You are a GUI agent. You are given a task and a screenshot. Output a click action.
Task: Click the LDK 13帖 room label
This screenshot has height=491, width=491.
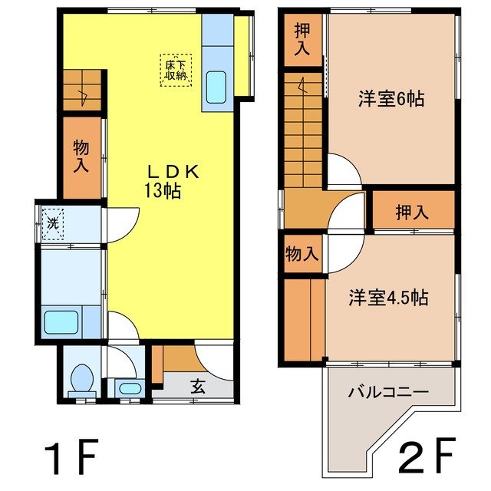[x=171, y=182]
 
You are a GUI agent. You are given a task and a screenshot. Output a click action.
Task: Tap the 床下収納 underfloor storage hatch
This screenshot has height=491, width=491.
[x=175, y=70]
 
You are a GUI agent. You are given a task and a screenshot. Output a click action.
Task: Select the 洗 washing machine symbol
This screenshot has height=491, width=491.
[x=53, y=223]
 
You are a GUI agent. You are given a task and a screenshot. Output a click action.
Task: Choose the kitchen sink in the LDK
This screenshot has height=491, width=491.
[x=217, y=89]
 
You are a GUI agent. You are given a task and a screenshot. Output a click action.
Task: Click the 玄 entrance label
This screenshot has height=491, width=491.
[x=198, y=387]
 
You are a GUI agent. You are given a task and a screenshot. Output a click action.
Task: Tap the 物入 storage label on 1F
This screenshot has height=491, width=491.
[x=81, y=156]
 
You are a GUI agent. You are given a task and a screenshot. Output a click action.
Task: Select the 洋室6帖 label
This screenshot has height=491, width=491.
[x=392, y=99]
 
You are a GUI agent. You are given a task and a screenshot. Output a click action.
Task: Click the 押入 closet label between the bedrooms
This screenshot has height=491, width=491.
[x=413, y=213]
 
